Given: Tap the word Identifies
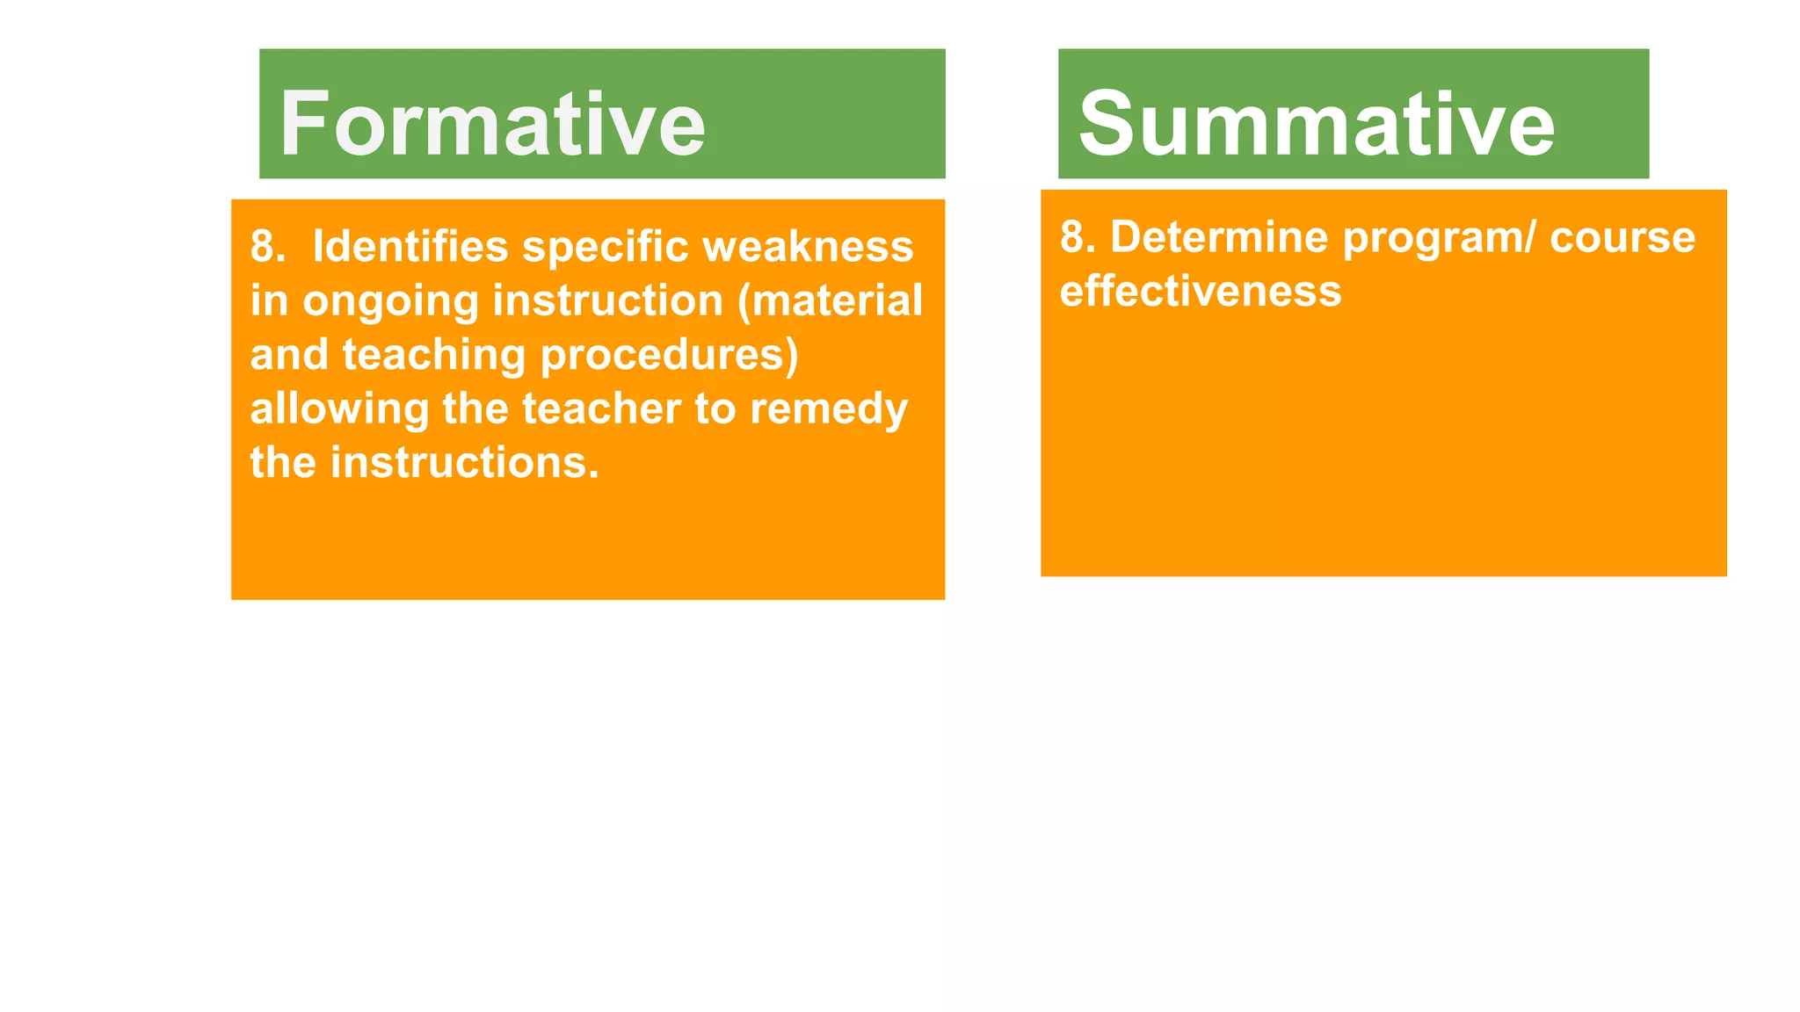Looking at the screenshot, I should (410, 246).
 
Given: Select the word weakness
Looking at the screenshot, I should (808, 246).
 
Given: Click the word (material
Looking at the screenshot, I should (830, 300).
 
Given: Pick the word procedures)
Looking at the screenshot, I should (669, 355).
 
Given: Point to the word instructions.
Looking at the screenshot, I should (464, 463).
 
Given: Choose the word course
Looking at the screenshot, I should (1622, 237).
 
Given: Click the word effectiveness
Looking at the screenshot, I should (1200, 291).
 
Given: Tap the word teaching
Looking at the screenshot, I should (433, 356).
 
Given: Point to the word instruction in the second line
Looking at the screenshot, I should (607, 300).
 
